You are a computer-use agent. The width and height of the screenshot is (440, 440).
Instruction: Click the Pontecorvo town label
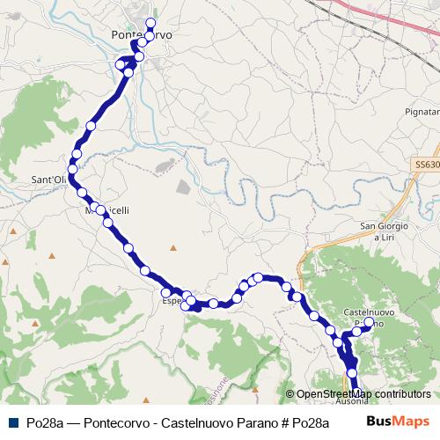[143, 34]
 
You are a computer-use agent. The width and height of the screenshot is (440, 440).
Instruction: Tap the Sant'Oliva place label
[48, 180]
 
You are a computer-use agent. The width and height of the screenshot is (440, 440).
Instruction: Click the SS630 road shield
[426, 165]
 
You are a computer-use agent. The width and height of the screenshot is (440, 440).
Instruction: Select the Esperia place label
[172, 300]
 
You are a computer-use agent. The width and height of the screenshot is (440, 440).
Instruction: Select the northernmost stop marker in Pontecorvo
[150, 23]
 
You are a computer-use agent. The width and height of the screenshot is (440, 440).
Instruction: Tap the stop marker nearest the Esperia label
[165, 293]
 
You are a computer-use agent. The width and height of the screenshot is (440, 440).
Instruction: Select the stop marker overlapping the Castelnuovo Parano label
[368, 322]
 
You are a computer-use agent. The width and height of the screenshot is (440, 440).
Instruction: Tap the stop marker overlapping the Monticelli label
[100, 210]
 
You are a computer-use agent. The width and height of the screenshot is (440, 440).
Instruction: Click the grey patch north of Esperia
[183, 187]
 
